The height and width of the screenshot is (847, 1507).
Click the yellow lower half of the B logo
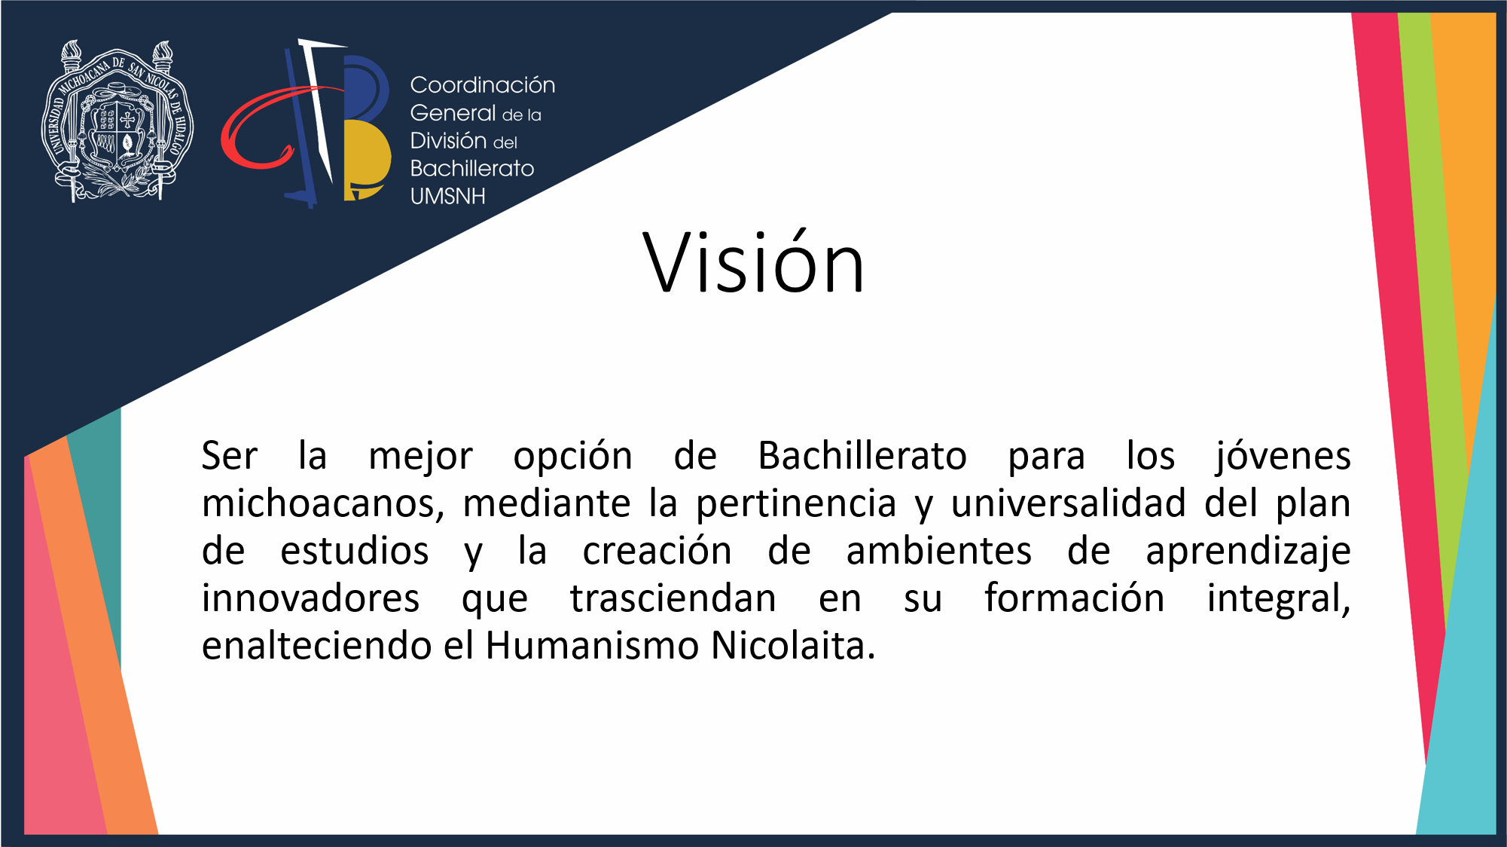click(367, 160)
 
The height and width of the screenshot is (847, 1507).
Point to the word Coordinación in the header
click(483, 84)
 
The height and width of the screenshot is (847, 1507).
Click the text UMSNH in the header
click(448, 196)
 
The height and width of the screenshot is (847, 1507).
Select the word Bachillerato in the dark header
click(472, 168)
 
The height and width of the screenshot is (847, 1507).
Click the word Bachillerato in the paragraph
click(862, 455)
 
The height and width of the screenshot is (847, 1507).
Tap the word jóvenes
click(1283, 457)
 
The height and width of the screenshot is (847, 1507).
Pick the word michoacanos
click(322, 503)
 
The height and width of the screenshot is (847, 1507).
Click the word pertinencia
click(796, 503)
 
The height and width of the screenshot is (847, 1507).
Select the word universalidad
click(1068, 503)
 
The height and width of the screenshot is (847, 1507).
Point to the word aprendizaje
click(1248, 552)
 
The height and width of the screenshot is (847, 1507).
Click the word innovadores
click(310, 598)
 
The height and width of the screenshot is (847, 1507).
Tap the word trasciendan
click(673, 598)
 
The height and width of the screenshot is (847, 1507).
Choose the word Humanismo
click(593, 646)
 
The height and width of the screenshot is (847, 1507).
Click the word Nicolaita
click(793, 646)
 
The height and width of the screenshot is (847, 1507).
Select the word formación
click(1075, 598)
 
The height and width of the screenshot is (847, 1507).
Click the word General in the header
click(453, 113)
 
